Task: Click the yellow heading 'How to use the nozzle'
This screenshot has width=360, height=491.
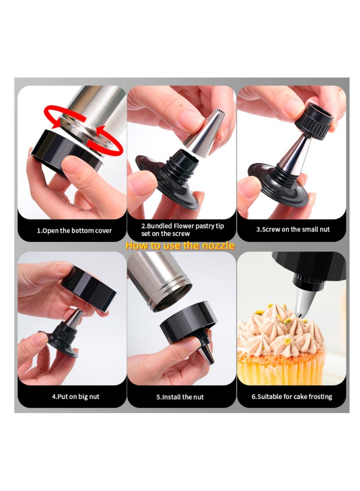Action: coord(180,245)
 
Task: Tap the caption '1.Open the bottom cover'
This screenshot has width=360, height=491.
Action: coord(74,231)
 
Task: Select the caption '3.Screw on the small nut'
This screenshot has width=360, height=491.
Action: coord(293,229)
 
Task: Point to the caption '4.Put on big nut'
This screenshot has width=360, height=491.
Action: coord(76,396)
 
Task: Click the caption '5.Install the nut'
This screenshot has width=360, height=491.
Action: coord(180,397)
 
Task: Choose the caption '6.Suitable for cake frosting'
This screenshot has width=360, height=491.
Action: coord(292,396)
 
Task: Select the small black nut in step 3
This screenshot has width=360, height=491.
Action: coord(315,121)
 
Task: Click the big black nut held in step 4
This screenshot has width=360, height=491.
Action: coord(89,288)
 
